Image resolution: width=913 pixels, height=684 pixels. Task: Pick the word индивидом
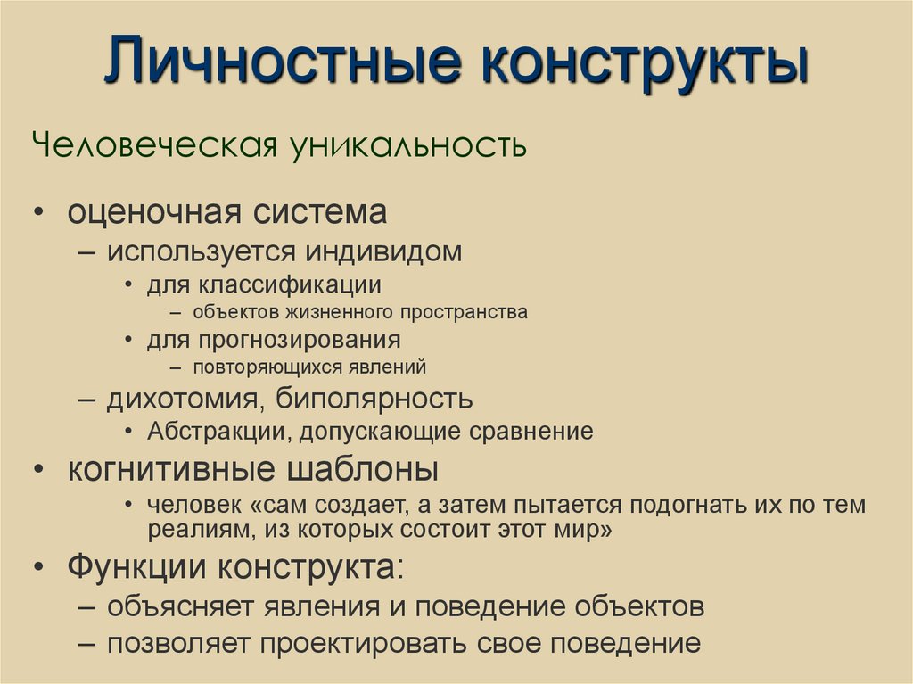tap(385, 251)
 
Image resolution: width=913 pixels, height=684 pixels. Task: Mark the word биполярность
tap(374, 398)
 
